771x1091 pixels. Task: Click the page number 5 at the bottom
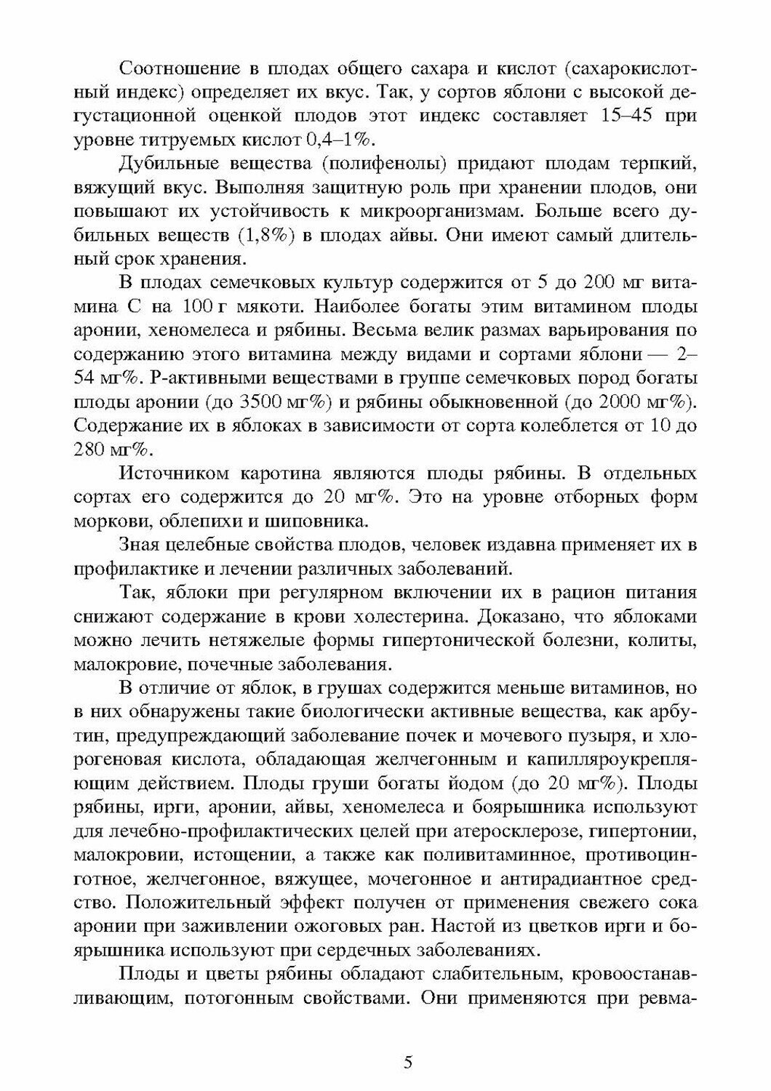point(408,1062)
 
